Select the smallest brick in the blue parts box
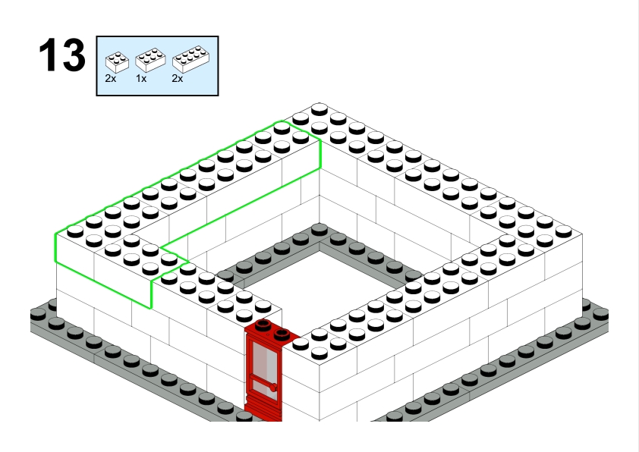click(x=117, y=62)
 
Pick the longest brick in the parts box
click(x=190, y=59)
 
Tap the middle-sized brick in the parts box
click(x=150, y=60)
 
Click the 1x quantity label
click(x=141, y=79)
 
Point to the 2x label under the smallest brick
click(x=111, y=79)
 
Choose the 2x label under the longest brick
click(x=178, y=79)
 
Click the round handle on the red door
click(x=273, y=387)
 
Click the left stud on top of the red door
click(x=263, y=325)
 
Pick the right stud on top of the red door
click(x=282, y=334)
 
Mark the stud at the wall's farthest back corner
click(x=319, y=109)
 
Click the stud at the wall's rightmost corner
click(x=564, y=232)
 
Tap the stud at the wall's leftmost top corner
click(x=75, y=232)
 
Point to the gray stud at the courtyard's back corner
click(x=319, y=229)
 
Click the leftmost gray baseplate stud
click(x=38, y=315)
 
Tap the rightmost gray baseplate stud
click(x=601, y=315)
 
